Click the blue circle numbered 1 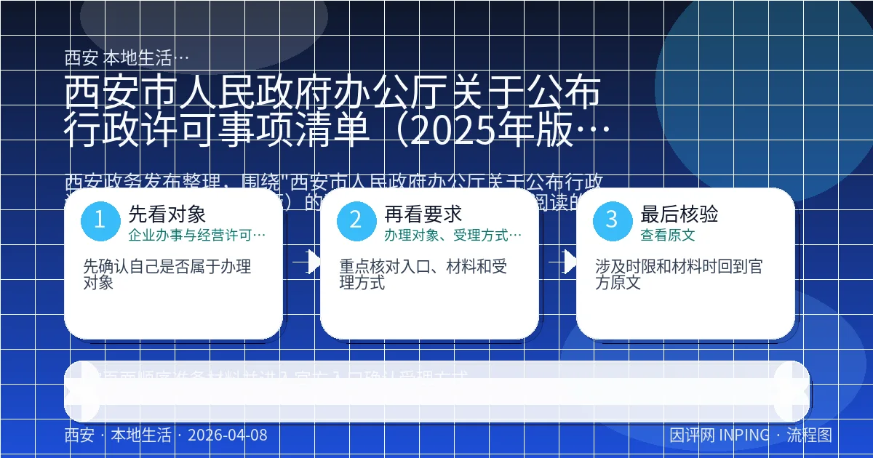(100, 220)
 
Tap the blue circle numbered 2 (356, 220)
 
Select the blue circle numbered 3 (612, 220)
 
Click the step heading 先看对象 (167, 214)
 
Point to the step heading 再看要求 (423, 214)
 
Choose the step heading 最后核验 (679, 214)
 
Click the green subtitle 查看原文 (668, 236)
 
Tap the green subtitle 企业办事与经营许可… (196, 236)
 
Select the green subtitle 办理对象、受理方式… (453, 236)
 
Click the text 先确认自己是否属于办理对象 (167, 275)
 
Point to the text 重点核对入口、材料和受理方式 (423, 275)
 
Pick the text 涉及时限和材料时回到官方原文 (679, 275)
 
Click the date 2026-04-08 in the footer (227, 435)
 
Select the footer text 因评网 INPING (719, 435)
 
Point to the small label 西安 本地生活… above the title (127, 57)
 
